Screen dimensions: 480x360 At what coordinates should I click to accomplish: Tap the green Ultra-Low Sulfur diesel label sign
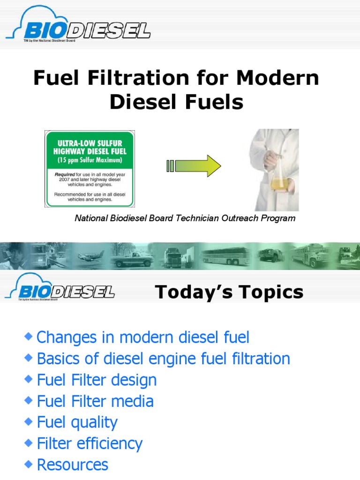(90, 169)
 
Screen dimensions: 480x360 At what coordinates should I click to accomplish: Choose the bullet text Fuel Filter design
(97, 380)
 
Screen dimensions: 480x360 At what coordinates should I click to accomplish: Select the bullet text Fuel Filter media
(95, 401)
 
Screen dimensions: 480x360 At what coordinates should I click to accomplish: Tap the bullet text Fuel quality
(77, 422)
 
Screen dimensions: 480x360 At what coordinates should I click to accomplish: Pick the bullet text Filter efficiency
(89, 443)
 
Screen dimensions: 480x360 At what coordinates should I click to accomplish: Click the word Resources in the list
(72, 465)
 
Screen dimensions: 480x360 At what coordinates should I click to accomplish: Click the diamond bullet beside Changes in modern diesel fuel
(29, 336)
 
